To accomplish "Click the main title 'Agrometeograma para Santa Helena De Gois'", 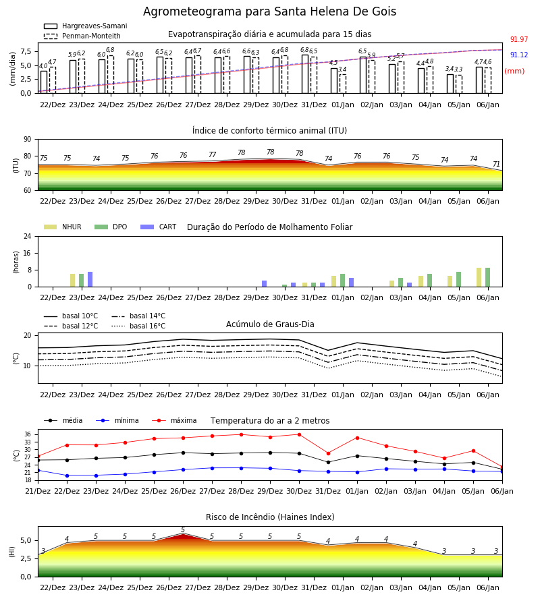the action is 269,11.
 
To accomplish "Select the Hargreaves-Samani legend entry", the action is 85,26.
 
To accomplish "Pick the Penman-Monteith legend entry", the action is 82,36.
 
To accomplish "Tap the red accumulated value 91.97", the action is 519,40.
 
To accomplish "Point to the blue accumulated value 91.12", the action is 519,55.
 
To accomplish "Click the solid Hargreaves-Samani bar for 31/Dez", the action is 305,74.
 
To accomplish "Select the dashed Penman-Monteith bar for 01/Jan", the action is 343,84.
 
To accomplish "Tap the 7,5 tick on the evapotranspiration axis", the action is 26,51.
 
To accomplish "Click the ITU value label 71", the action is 496,164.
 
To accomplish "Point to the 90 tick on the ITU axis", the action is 28,140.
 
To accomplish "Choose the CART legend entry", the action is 159,227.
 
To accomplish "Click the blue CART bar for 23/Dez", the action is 90,279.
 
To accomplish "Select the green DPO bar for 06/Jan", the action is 488,277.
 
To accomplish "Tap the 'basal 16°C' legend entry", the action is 138,326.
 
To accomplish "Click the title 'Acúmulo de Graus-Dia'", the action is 270,324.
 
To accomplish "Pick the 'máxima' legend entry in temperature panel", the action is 175,420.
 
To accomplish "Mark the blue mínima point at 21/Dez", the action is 38,470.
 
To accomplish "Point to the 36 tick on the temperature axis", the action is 28,434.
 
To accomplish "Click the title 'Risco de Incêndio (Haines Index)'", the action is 270,517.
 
